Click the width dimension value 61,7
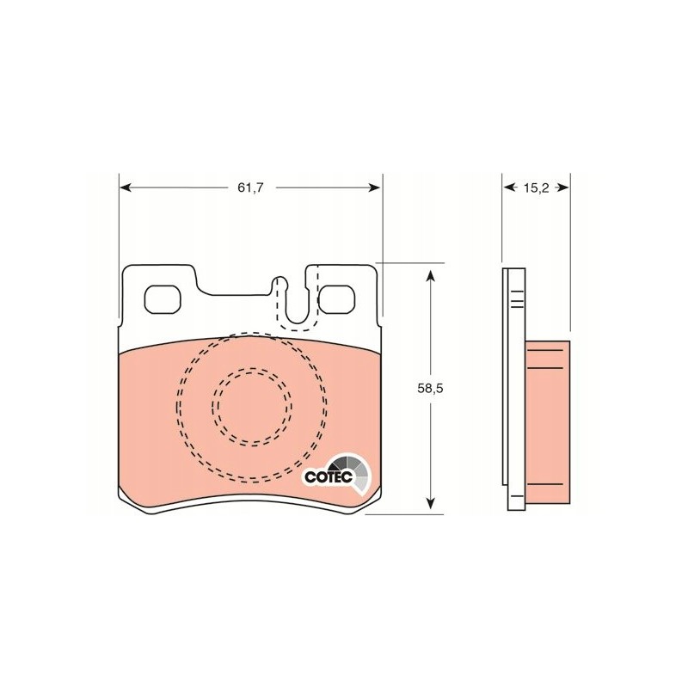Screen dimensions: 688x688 (x=250, y=187)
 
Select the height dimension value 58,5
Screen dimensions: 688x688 (x=430, y=389)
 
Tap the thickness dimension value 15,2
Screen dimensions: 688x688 (x=535, y=187)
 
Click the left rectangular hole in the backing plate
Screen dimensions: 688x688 (x=162, y=299)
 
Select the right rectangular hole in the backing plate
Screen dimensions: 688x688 (x=335, y=299)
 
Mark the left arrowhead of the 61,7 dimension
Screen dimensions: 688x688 (x=124, y=187)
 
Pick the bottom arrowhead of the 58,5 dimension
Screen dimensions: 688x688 (x=430, y=508)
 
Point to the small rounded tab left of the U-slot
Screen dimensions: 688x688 (x=279, y=282)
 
